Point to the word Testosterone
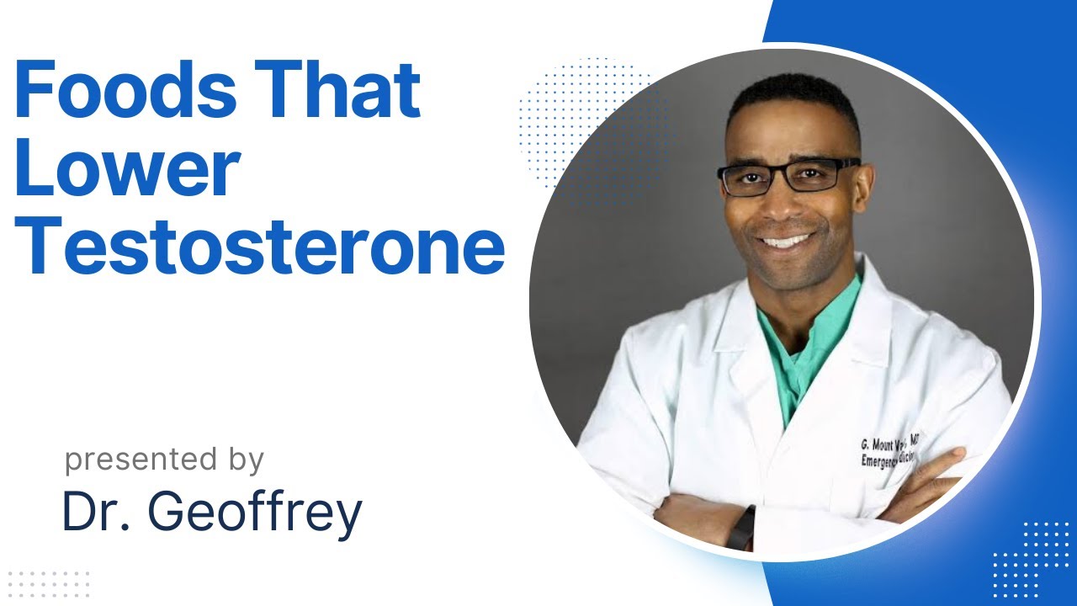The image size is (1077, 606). click(259, 247)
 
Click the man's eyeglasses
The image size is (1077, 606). click(788, 175)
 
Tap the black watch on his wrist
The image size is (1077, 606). click(741, 529)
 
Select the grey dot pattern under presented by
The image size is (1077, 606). click(48, 583)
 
